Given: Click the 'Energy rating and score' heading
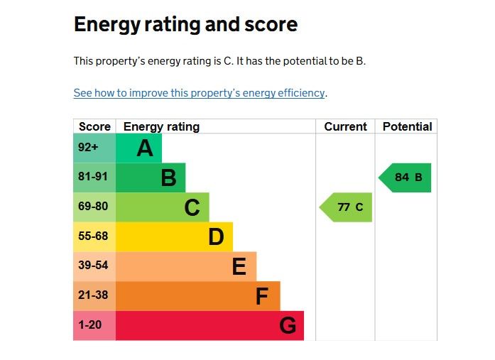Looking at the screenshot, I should (x=185, y=25).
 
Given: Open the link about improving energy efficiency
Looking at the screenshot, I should (x=200, y=93).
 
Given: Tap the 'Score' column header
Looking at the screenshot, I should (x=94, y=127).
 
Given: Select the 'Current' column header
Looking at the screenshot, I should (x=345, y=127).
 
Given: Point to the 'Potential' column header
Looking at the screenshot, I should (x=406, y=127).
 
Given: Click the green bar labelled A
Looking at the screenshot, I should (x=138, y=148).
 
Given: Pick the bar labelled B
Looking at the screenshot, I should (x=150, y=178).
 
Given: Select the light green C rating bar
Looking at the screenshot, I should (x=162, y=207).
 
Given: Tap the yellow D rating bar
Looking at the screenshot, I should (x=174, y=236).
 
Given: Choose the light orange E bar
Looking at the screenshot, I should (x=185, y=266).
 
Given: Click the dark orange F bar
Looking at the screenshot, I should (x=197, y=296).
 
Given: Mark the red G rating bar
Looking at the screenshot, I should (x=210, y=325).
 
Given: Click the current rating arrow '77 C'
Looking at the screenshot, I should (x=347, y=207).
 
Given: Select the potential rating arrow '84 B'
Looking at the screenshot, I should (x=406, y=178).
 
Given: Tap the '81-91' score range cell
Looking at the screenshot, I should (x=94, y=178).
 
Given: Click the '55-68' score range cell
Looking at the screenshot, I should (x=94, y=236).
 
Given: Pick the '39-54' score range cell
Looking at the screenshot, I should (x=94, y=266).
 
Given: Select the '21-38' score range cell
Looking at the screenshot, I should (x=94, y=296).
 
